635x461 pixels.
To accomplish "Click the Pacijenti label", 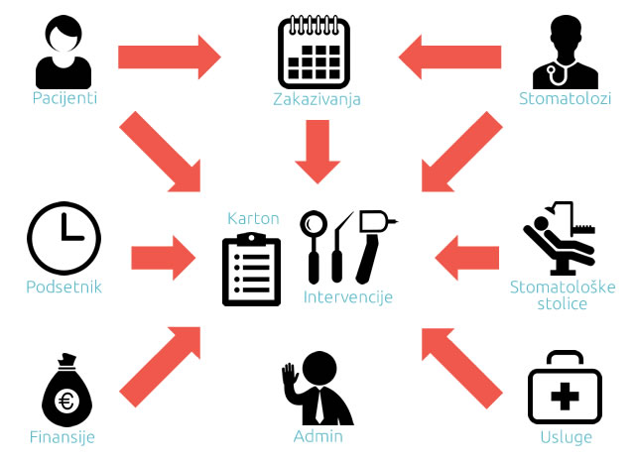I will (x=64, y=99).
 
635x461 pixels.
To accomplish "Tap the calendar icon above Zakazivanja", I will (x=315, y=50).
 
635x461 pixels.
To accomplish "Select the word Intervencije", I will (x=348, y=296).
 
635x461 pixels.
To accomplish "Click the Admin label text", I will (x=317, y=437).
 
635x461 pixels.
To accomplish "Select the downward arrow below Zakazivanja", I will (x=317, y=150).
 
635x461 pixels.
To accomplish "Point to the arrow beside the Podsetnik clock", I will (x=162, y=257).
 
